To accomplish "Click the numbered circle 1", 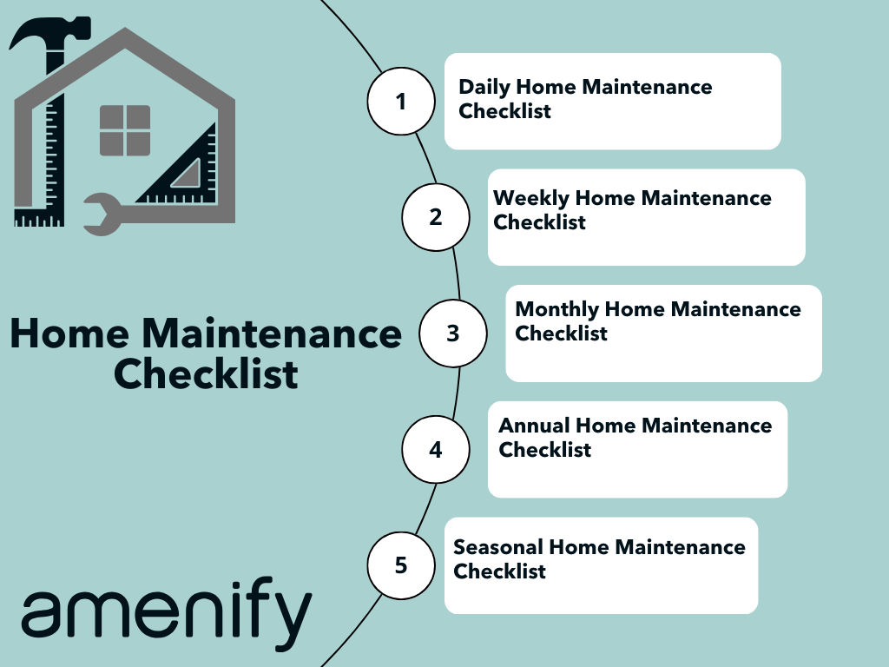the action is coord(401,102).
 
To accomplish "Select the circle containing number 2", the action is coord(436,217).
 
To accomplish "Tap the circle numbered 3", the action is coord(452,333).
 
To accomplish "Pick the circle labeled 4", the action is coord(436,450).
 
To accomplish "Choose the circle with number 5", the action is coord(401,565).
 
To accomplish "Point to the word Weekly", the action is coord(531,199).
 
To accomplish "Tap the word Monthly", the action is coord(556,310).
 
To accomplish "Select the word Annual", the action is coord(534,426).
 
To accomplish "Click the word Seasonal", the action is coord(498,547).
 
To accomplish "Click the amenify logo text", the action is coord(167,613).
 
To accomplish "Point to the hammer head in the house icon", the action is coord(49,33).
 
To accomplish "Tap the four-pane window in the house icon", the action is coord(125,130).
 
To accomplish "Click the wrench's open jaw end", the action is coord(102,215).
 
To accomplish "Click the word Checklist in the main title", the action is coord(206,374).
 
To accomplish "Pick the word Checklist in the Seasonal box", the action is coord(499,571).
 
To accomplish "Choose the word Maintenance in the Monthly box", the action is coord(736,310).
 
